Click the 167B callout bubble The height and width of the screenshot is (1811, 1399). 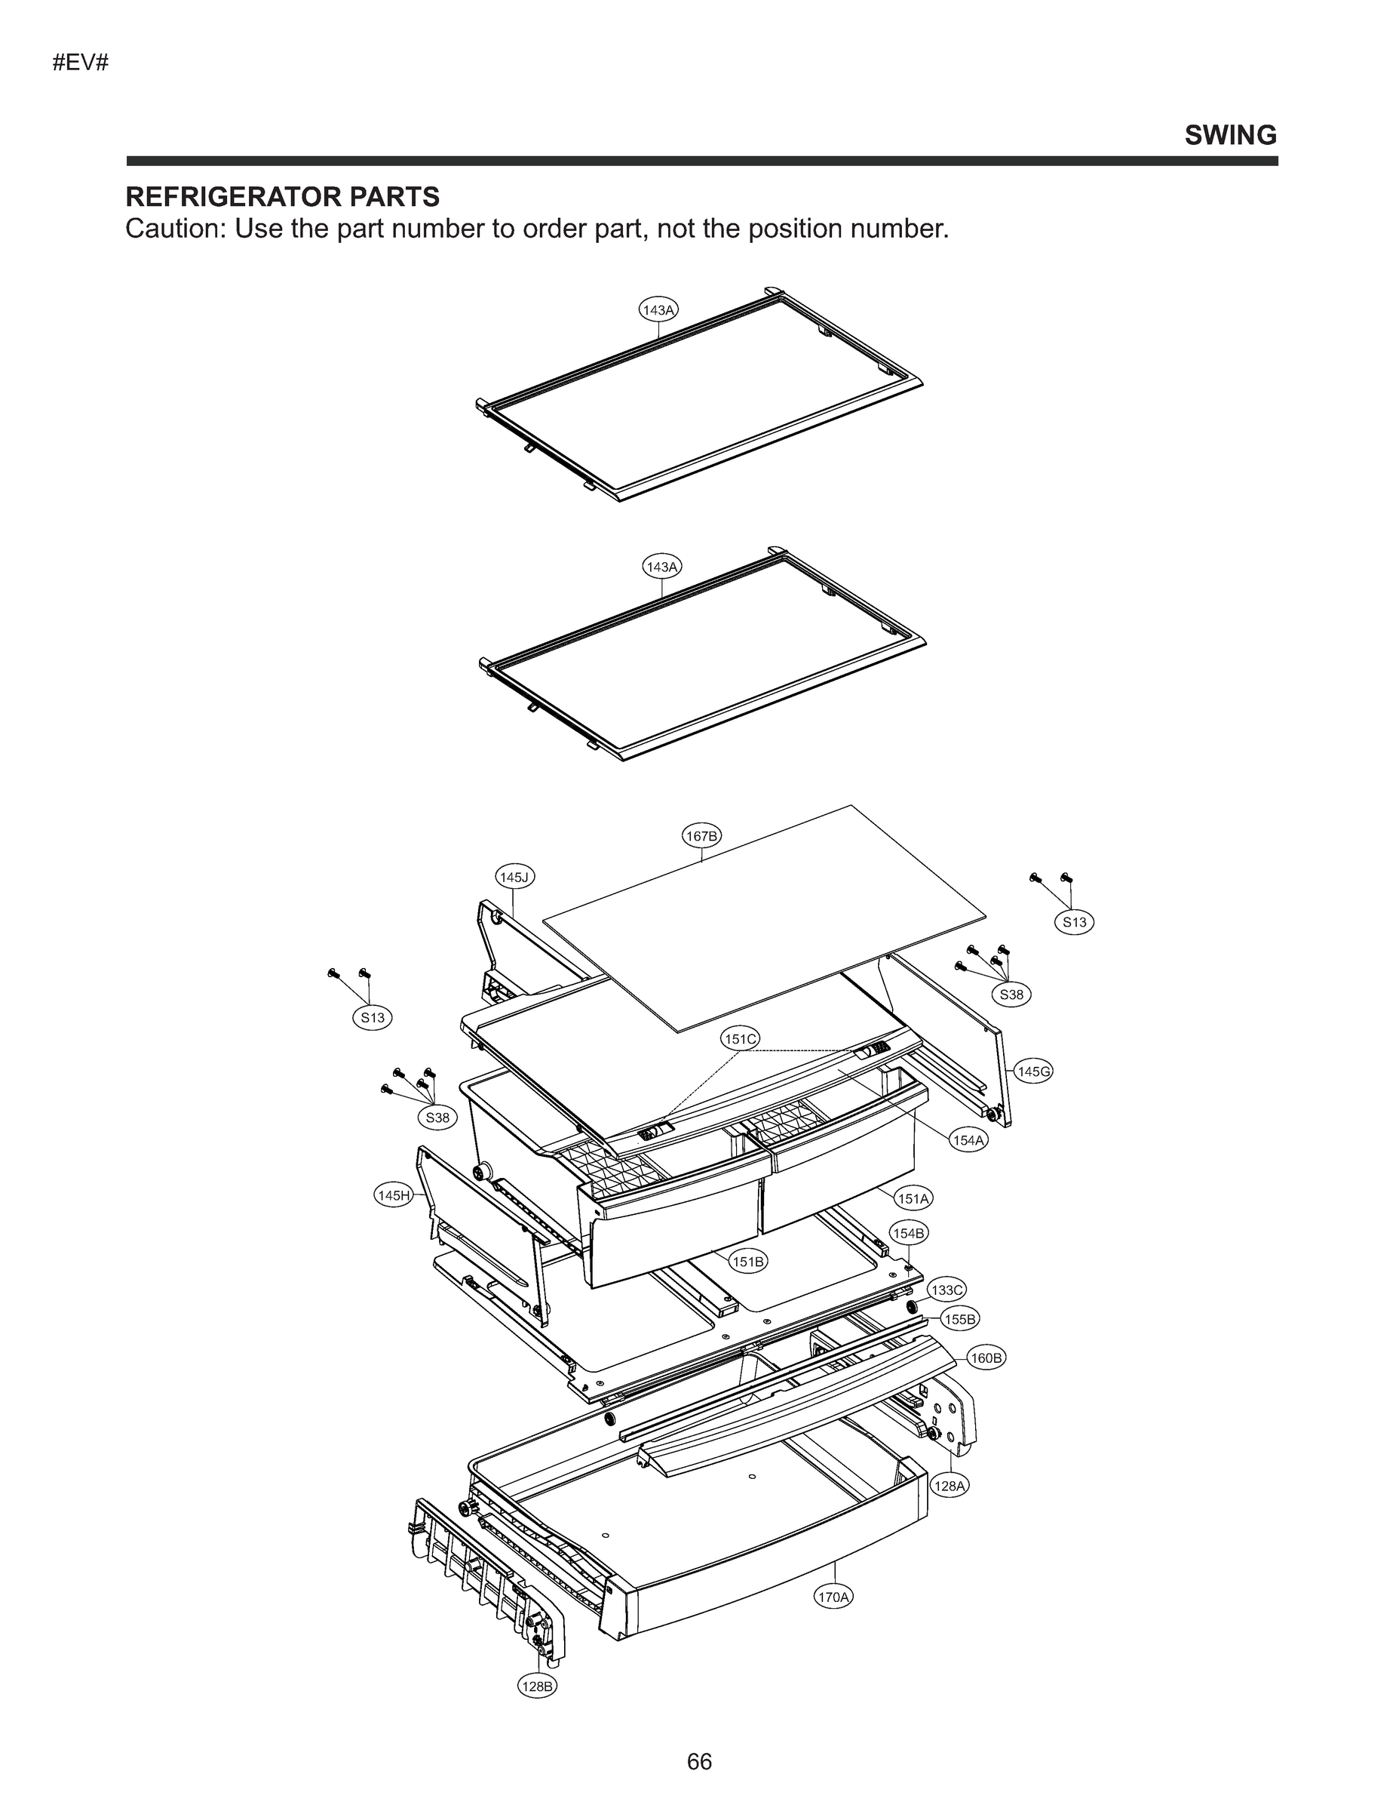coord(701,836)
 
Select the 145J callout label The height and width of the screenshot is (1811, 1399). coord(514,877)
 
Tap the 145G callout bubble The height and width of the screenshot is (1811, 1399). coord(1033,1072)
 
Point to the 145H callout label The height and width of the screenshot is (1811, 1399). coord(393,1195)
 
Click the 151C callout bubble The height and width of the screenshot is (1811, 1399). coord(739,1039)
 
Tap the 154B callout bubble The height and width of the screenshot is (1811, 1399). coord(908,1233)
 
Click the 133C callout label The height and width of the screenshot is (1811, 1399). coord(946,1290)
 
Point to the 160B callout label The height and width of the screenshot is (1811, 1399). coord(986,1358)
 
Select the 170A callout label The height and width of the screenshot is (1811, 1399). coord(834,1596)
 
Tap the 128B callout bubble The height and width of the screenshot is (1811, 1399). coord(537,1686)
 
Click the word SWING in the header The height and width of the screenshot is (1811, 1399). coord(1230,135)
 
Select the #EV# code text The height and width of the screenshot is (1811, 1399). coord(81,63)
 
